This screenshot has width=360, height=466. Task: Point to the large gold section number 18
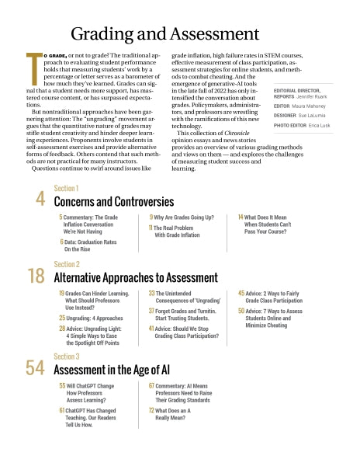[x=36, y=276]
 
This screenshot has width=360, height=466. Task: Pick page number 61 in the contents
[x=61, y=409]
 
